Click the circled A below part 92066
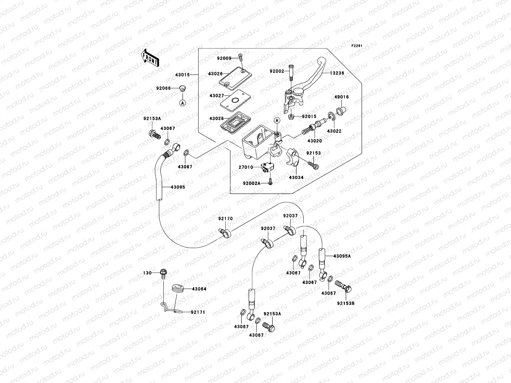pyautogui.click(x=182, y=103)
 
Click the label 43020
pyautogui.click(x=315, y=141)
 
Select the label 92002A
pyautogui.click(x=251, y=183)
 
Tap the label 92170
pyautogui.click(x=225, y=219)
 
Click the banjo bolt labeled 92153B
pyautogui.click(x=344, y=287)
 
